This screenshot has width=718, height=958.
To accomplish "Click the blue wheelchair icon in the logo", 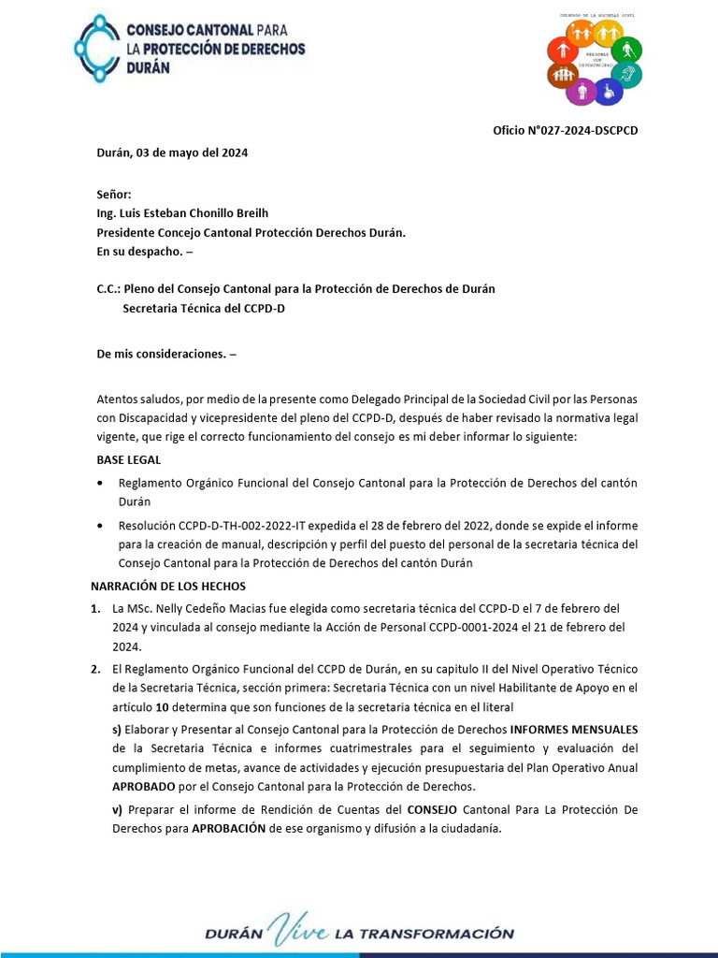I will coord(607,91).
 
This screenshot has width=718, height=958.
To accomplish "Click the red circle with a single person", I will coord(563,49).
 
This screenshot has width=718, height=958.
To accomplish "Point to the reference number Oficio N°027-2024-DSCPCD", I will coord(566,131).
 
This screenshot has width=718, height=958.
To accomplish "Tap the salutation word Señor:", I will coord(114,194).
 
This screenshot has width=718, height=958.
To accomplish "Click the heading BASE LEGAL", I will coord(129,460).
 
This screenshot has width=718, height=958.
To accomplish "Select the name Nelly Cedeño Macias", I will coord(199,608).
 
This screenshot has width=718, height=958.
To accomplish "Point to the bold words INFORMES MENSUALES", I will coord(574,729).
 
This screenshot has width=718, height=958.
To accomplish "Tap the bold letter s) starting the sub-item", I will coord(117,729).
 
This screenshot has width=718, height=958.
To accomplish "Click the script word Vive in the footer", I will coord(298,932).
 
